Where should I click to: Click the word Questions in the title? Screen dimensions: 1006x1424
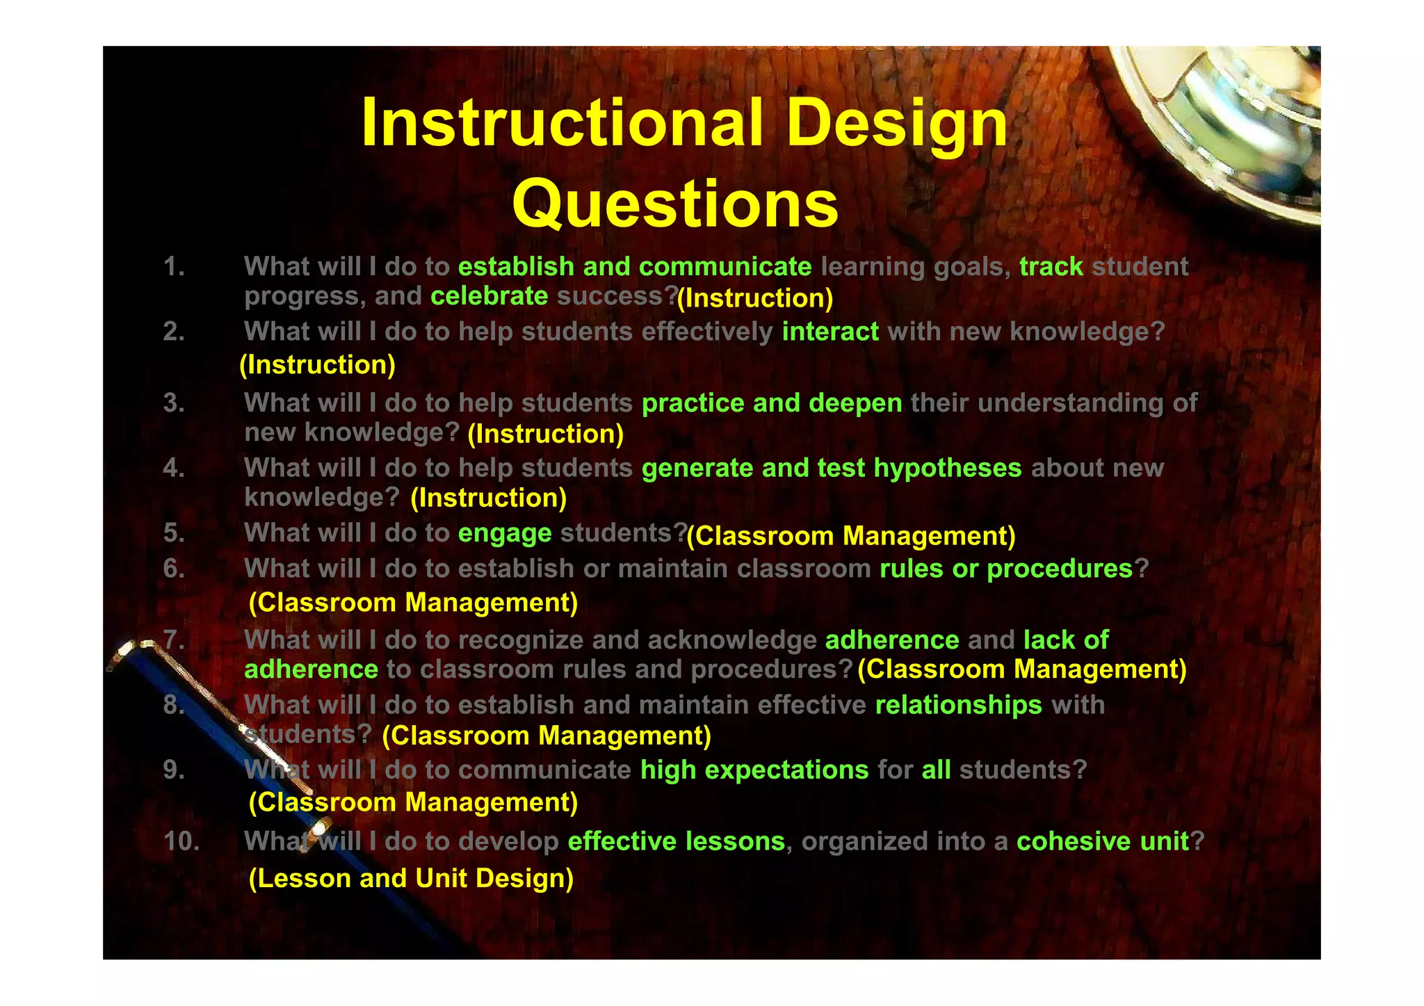click(675, 204)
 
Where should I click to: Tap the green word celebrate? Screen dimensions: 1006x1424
click(489, 297)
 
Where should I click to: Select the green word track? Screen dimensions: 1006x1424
click(1051, 267)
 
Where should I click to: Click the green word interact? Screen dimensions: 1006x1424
click(830, 332)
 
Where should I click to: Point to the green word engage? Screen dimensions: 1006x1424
click(505, 534)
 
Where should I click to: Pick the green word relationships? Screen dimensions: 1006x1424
click(958, 706)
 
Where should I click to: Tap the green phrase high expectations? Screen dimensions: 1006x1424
click(754, 770)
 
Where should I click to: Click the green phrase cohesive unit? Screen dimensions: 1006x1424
click(1102, 842)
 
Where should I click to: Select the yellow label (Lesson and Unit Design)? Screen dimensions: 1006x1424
click(411, 879)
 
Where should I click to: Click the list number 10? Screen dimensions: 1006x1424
click(181, 842)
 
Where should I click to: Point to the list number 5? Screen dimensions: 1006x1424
click(174, 533)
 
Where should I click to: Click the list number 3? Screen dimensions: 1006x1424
click(174, 403)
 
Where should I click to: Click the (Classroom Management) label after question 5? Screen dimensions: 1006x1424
click(851, 537)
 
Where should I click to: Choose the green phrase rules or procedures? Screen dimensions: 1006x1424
click(1006, 569)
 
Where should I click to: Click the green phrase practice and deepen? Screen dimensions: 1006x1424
click(772, 403)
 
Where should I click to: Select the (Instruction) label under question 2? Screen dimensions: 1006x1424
click(318, 365)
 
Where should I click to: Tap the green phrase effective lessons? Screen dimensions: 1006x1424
click(676, 842)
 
